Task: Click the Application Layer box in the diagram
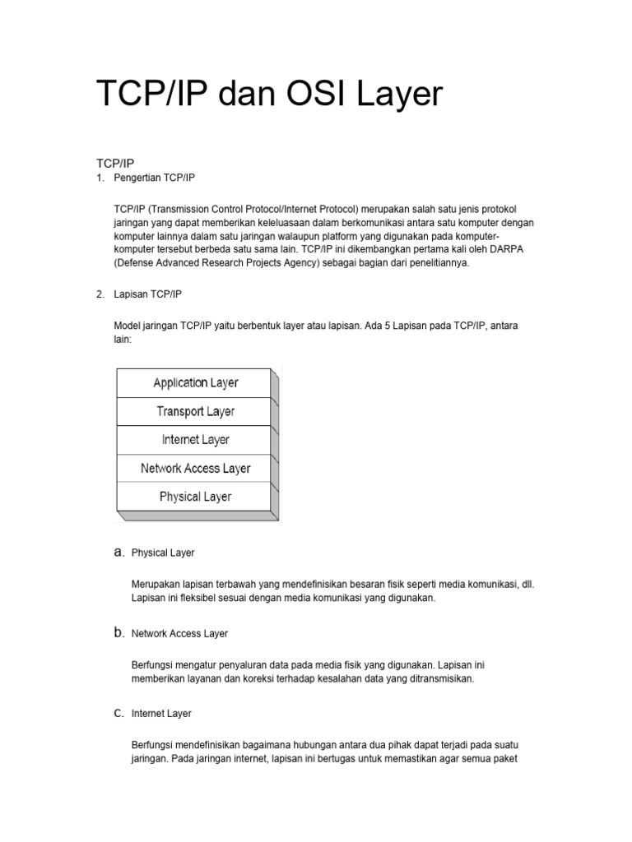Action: (x=195, y=382)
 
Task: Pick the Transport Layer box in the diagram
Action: (x=195, y=411)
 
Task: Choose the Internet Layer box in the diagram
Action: (x=195, y=440)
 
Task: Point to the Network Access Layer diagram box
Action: (x=195, y=468)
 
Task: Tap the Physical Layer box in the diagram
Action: (x=195, y=497)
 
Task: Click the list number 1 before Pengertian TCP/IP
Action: (x=100, y=178)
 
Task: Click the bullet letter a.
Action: (x=118, y=553)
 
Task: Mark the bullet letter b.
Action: (x=118, y=633)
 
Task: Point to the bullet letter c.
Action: (x=118, y=713)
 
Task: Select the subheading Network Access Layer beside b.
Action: (x=179, y=634)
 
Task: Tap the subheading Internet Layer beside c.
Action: (x=161, y=714)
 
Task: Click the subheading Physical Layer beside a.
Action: (x=163, y=553)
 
